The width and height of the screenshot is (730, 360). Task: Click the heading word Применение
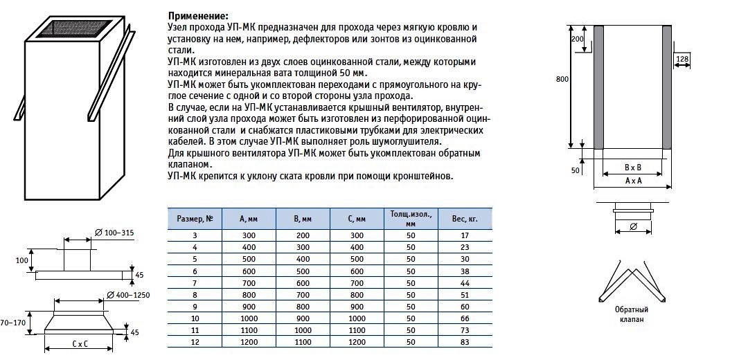click(x=197, y=16)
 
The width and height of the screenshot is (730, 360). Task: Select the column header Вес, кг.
click(x=465, y=218)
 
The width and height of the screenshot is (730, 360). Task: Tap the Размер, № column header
click(x=195, y=218)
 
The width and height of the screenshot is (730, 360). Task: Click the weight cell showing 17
click(x=465, y=235)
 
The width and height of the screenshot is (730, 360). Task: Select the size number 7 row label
click(x=195, y=283)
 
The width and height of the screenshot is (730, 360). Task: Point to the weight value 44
click(x=465, y=283)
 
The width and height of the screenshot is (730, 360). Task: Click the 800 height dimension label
click(x=562, y=79)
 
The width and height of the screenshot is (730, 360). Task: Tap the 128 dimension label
click(x=682, y=60)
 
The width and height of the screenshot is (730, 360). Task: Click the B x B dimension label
click(x=632, y=168)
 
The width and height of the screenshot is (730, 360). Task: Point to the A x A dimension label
click(x=632, y=180)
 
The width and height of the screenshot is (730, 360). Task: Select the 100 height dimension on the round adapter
click(x=21, y=260)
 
